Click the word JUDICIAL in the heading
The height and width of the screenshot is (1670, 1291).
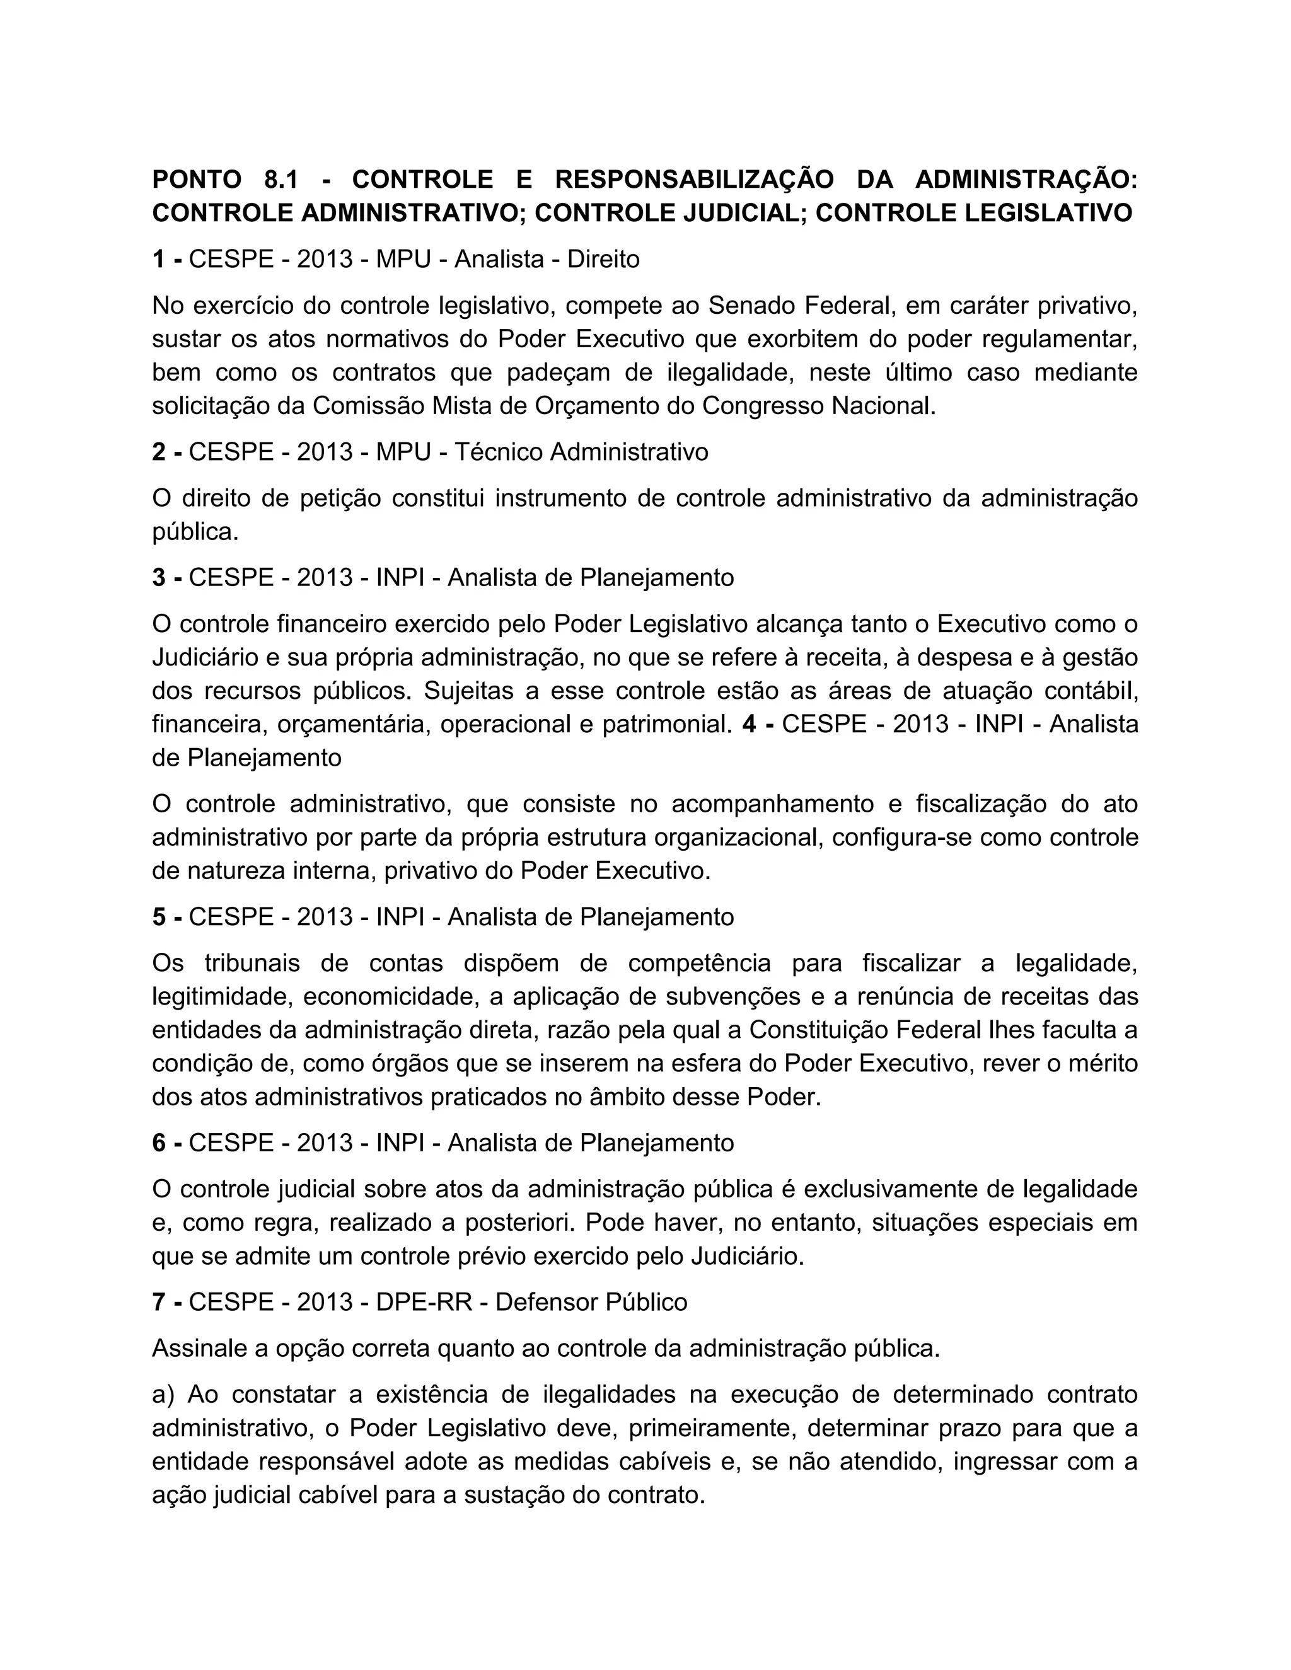(x=740, y=212)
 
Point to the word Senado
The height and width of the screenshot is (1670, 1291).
(x=752, y=305)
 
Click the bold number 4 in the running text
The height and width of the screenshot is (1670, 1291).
(x=750, y=723)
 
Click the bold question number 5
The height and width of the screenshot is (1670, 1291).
(x=158, y=916)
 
